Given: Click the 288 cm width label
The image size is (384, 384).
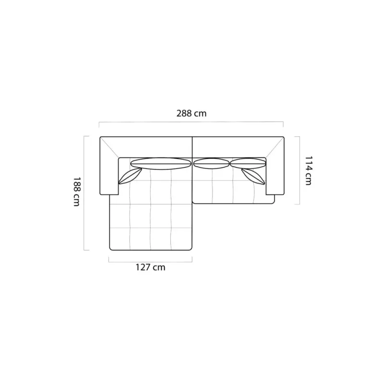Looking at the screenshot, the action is click(x=192, y=113).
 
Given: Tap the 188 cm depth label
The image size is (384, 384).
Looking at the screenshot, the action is click(x=77, y=192).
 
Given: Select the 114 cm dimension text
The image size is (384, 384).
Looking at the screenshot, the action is click(x=308, y=170).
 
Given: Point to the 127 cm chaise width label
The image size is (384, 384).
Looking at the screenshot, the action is click(x=151, y=267).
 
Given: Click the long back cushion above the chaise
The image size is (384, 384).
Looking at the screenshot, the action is click(x=161, y=164).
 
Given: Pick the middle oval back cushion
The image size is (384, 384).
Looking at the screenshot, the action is click(x=211, y=164).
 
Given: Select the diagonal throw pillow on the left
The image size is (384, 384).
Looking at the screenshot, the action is click(x=130, y=176).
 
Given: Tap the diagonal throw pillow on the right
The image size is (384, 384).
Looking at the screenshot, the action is click(x=253, y=176).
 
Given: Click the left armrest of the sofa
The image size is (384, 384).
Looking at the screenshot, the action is click(x=109, y=171).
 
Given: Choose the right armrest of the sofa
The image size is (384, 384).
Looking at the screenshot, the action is click(x=275, y=171).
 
